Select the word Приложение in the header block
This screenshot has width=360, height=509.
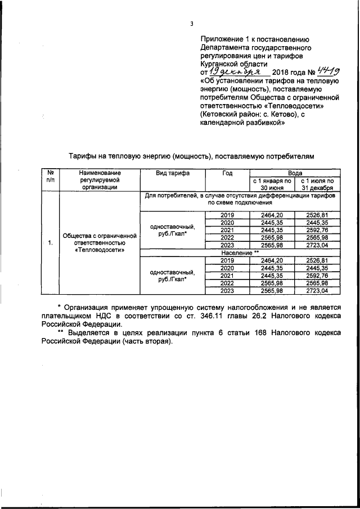click(222, 39)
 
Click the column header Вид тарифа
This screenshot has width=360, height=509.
click(173, 173)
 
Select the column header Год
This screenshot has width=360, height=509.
click(227, 173)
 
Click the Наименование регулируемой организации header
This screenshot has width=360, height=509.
click(100, 181)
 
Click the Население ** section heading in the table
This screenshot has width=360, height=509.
click(240, 254)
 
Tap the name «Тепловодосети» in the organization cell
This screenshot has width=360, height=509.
click(100, 249)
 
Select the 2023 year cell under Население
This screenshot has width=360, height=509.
click(227, 290)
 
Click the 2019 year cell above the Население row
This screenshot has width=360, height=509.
click(227, 215)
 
